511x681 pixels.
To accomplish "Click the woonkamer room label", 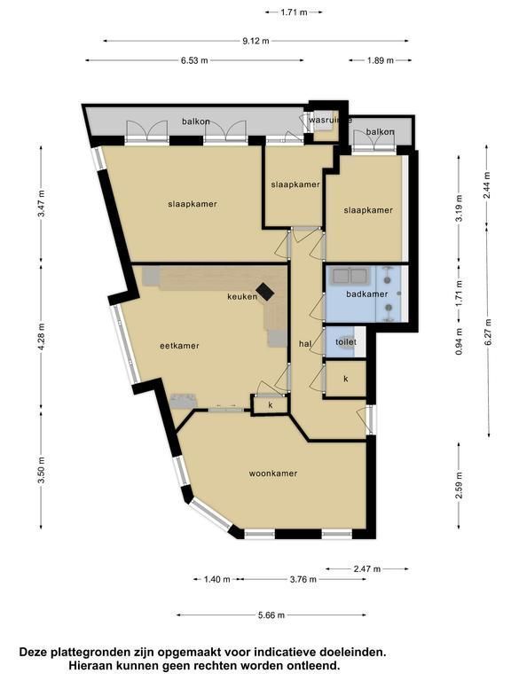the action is [x=273, y=474].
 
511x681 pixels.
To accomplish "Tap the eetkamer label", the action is [x=179, y=346].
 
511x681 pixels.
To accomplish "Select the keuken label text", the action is [x=242, y=297].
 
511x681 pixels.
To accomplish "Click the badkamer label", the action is [x=367, y=294].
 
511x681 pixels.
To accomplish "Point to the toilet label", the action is [x=346, y=341].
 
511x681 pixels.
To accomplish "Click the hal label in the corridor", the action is [x=305, y=344].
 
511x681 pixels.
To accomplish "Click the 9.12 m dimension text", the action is [x=255, y=41].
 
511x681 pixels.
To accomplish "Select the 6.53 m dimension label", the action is [x=194, y=60].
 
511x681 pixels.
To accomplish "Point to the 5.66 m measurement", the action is [x=271, y=615].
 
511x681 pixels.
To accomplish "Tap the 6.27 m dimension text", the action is [x=489, y=333].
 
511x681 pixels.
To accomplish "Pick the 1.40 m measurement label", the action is [x=217, y=579].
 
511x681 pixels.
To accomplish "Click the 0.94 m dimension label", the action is [x=460, y=340].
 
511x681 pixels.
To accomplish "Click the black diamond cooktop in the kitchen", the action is [x=264, y=292].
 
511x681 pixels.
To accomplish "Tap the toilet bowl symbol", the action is [x=347, y=341].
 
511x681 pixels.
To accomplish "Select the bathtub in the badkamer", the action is [x=350, y=277].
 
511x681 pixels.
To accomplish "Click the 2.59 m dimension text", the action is [x=460, y=486].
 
